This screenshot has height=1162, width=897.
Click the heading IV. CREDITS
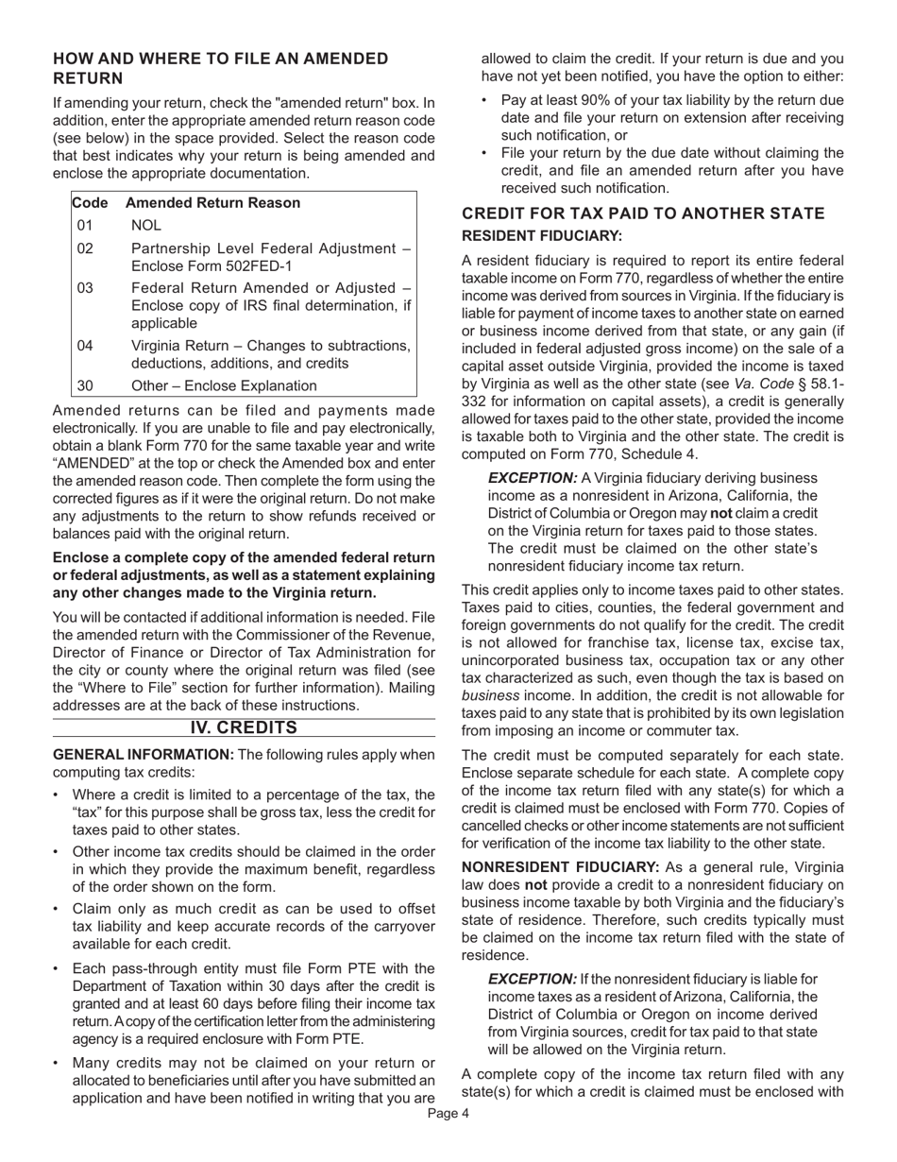(244, 727)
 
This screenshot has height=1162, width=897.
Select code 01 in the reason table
(86, 225)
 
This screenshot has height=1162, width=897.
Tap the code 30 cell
(86, 385)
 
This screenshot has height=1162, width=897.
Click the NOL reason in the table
(146, 225)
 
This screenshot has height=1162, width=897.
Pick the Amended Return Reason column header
(212, 202)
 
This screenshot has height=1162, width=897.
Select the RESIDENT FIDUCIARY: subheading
(542, 235)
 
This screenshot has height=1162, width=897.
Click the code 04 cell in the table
(86, 345)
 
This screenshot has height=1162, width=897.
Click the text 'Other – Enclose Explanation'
(224, 385)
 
